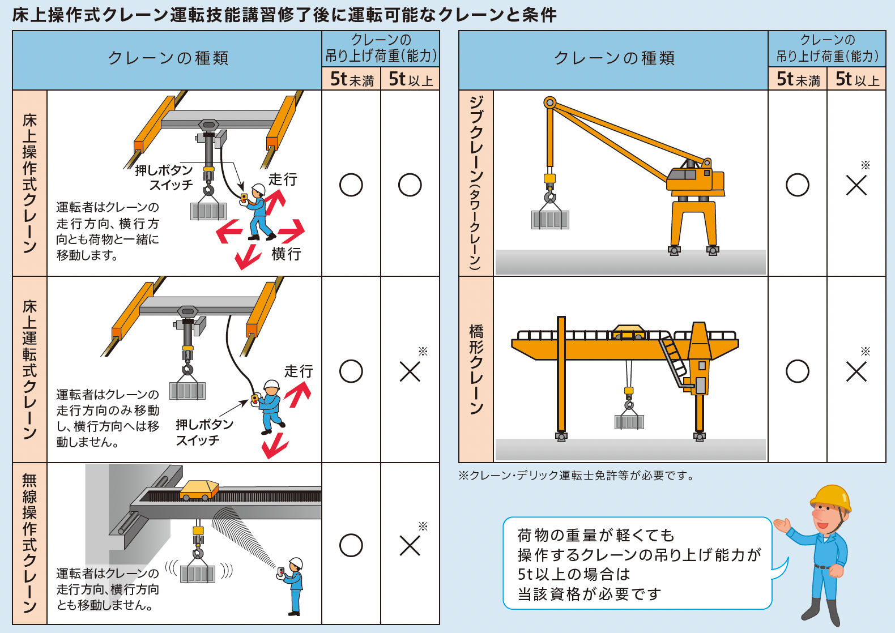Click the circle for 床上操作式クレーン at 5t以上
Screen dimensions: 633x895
[x=410, y=185]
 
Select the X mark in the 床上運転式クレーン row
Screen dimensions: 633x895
[x=410, y=371]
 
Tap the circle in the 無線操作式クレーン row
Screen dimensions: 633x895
[x=351, y=545]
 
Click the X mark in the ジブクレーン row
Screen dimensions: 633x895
[x=856, y=185]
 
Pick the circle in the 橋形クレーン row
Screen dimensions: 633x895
[x=797, y=371]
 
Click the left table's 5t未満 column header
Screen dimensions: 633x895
[x=351, y=79]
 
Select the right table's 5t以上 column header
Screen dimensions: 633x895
[x=856, y=79]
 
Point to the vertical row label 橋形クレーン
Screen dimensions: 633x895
[x=476, y=369]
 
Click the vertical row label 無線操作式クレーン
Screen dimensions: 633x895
[x=29, y=544]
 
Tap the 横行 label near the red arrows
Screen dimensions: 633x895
[x=286, y=254]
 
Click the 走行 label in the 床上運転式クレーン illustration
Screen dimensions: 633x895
[x=299, y=371]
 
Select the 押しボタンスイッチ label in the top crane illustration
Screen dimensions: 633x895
[x=164, y=177]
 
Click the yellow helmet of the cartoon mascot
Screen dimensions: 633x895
[x=831, y=497]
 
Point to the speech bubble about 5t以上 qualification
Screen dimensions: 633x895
[x=637, y=563]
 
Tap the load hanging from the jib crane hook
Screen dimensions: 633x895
[x=549, y=219]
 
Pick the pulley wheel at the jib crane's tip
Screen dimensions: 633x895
[x=549, y=102]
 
